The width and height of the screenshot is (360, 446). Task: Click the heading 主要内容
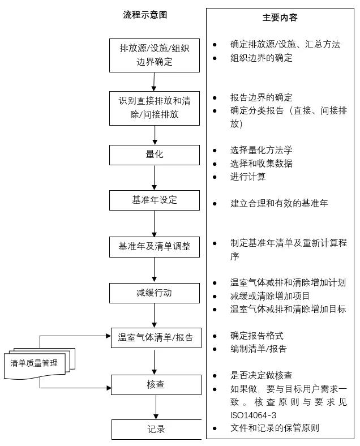point(280,18)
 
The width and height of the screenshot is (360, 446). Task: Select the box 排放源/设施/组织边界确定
point(154,55)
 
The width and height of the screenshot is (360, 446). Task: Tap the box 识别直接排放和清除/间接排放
point(154,108)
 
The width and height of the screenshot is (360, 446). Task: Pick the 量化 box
point(154,155)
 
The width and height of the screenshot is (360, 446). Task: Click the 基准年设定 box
point(154,200)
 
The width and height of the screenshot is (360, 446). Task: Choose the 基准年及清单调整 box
point(154,247)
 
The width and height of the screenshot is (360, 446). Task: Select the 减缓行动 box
point(154,293)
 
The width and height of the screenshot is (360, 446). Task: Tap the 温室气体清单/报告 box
point(155,338)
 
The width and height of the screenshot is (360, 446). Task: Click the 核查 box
point(155,385)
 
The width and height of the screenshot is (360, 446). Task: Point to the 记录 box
point(156,429)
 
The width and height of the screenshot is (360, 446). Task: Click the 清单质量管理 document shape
point(34,363)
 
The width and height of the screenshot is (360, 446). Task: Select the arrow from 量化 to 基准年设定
point(154,178)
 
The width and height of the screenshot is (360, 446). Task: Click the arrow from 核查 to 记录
point(156,407)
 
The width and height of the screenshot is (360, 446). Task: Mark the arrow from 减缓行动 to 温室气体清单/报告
point(154,315)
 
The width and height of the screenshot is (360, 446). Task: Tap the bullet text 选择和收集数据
point(261,164)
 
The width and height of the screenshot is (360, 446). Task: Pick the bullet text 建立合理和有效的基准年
point(279,203)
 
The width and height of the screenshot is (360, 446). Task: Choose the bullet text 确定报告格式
point(256,335)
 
